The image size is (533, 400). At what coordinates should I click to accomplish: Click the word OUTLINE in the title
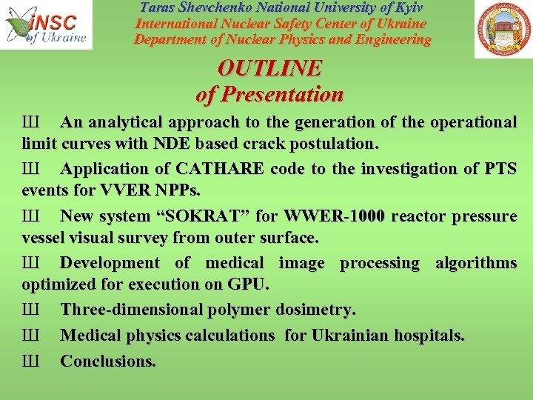click(x=269, y=69)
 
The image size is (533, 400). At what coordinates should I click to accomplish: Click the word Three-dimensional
click(x=127, y=310)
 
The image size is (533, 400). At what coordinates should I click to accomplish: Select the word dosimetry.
click(x=315, y=310)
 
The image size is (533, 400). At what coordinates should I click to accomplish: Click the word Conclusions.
click(x=108, y=361)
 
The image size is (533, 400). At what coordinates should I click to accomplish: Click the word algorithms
click(x=476, y=264)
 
